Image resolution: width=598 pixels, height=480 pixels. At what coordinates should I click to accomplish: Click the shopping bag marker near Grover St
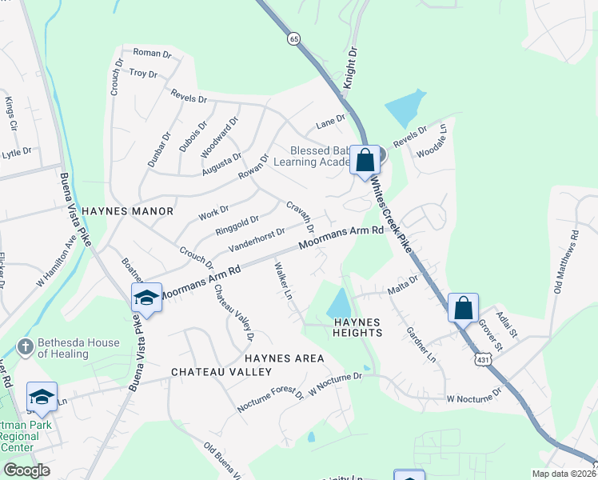click(464, 307)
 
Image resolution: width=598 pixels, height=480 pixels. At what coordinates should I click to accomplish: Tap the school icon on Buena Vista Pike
click(146, 298)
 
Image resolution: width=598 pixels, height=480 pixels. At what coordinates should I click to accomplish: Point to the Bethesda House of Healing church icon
click(25, 347)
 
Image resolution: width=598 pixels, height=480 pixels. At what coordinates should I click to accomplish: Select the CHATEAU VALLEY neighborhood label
click(221, 372)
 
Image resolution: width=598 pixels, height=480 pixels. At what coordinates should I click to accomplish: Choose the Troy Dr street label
click(143, 73)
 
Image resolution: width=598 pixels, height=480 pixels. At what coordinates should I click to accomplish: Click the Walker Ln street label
click(283, 281)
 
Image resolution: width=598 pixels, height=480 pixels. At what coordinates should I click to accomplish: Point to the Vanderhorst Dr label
click(257, 238)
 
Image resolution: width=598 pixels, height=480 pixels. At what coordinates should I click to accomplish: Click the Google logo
click(26, 470)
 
